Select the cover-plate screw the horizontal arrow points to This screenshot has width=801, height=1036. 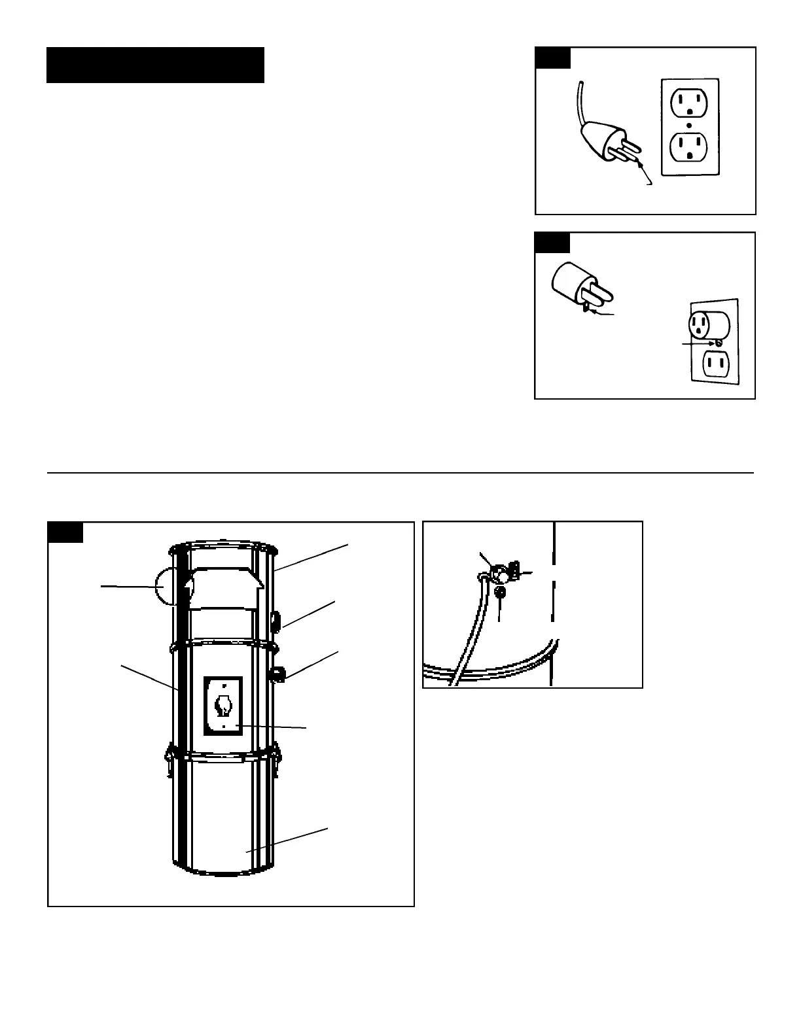[x=719, y=342]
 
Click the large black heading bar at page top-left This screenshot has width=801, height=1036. [x=155, y=65]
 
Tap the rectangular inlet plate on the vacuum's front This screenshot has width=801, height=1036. [x=223, y=706]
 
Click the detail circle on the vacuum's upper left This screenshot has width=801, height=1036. [x=169, y=587]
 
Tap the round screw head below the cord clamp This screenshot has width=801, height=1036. [x=501, y=593]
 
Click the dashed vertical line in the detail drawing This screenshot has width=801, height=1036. [x=554, y=602]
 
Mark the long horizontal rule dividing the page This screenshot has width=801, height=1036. [x=400, y=472]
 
